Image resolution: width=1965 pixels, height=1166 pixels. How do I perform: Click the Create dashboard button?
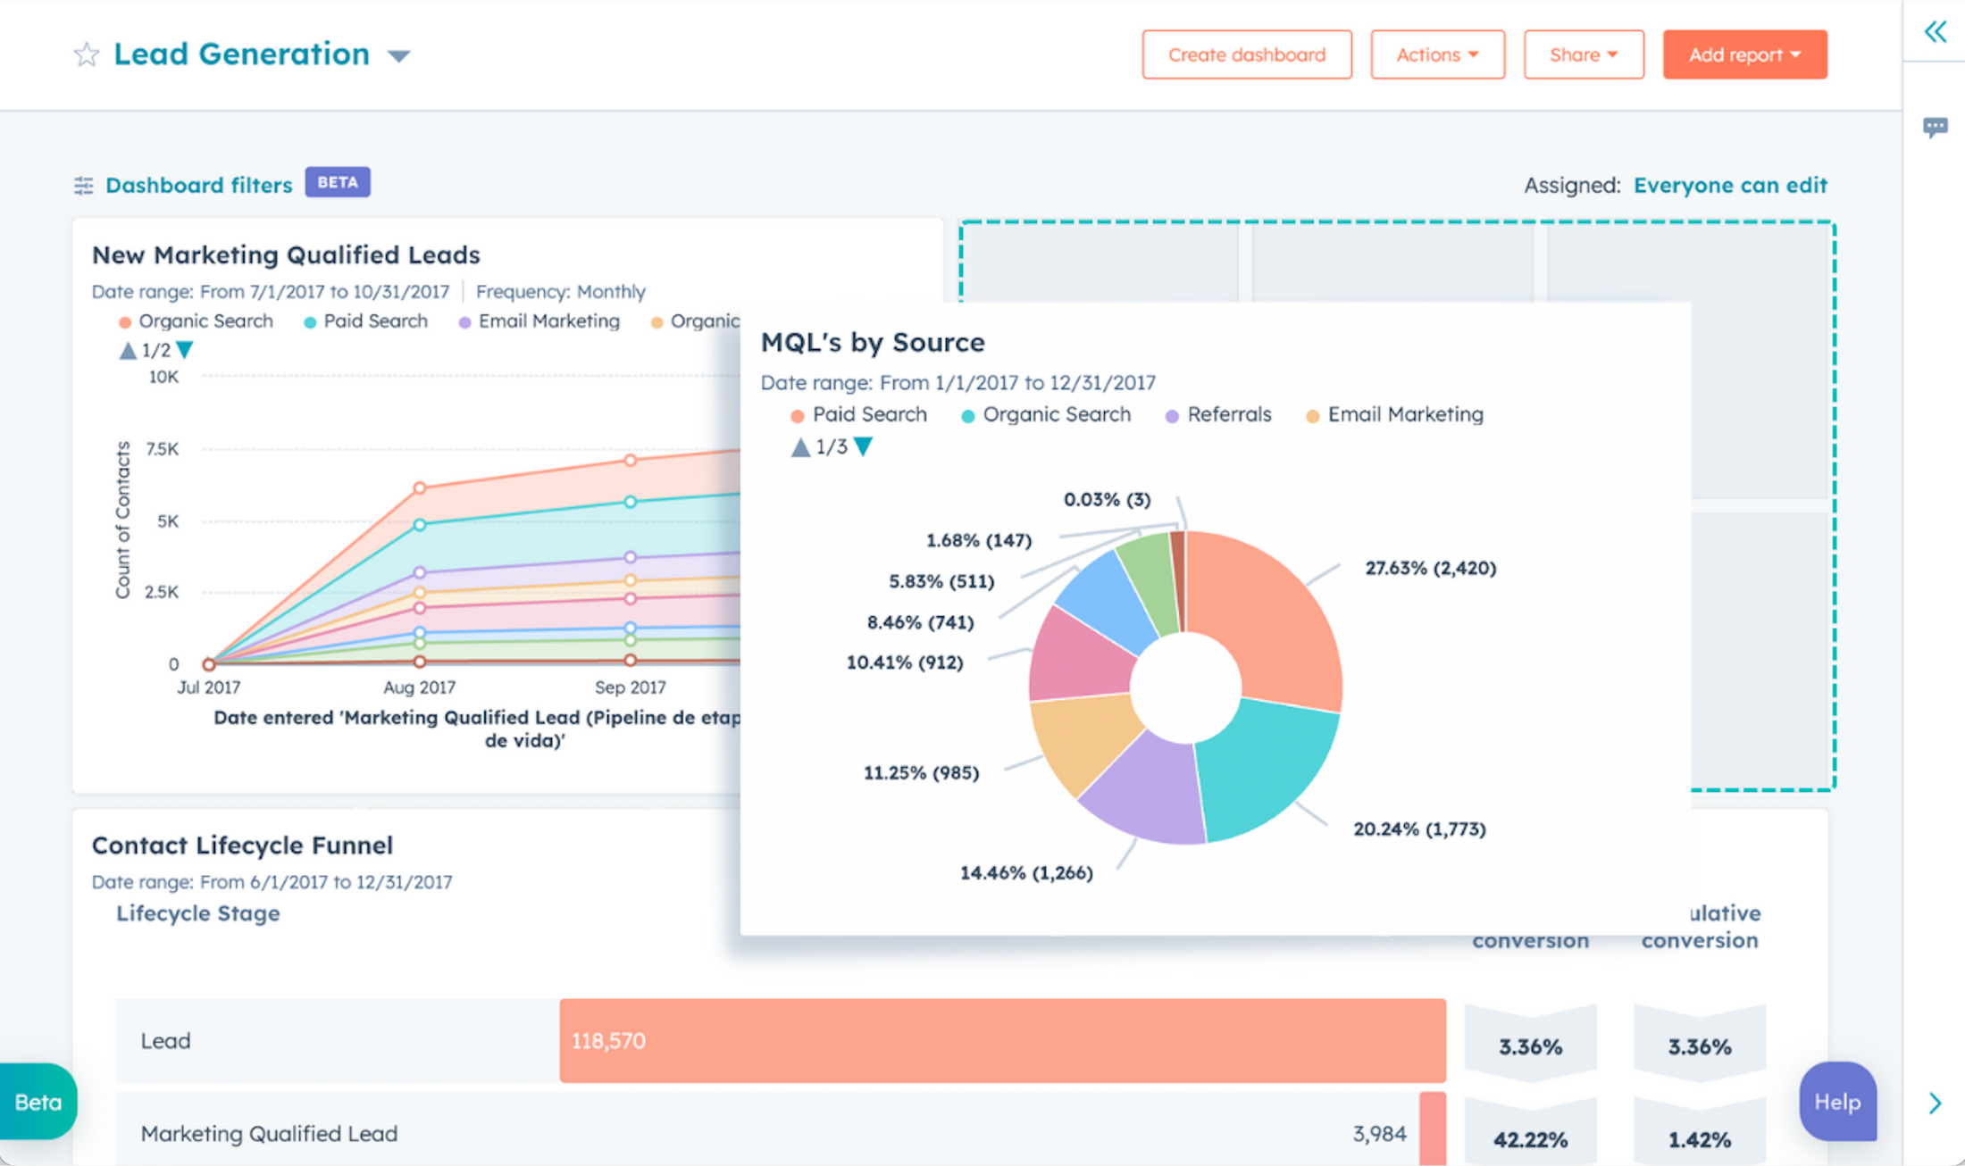[x=1246, y=54]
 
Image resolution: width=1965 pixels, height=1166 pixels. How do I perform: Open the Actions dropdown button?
[x=1436, y=54]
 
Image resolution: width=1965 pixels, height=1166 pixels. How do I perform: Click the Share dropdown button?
[x=1583, y=54]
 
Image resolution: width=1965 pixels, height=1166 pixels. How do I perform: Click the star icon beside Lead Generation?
[x=87, y=54]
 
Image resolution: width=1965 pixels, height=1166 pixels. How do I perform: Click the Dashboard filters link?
[x=198, y=185]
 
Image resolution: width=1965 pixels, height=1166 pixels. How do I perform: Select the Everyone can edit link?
[x=1729, y=185]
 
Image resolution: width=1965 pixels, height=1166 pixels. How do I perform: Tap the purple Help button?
[x=1836, y=1102]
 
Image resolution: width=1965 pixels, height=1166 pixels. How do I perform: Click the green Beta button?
[x=38, y=1102]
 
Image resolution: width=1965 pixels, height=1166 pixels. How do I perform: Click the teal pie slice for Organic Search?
[x=1268, y=768]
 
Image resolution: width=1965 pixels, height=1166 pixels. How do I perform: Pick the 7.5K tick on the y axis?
[x=163, y=449]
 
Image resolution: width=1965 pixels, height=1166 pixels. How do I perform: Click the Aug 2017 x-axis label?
[x=419, y=687]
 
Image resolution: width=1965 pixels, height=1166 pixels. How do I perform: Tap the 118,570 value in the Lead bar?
[x=608, y=1041]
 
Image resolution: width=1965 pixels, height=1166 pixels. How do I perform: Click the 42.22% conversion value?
[x=1530, y=1139]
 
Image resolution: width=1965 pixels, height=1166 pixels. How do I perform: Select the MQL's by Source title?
[x=872, y=342]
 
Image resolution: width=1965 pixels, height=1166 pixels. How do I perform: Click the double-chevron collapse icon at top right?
[x=1935, y=32]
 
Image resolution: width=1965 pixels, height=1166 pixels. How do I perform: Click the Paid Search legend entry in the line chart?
[x=374, y=321]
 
